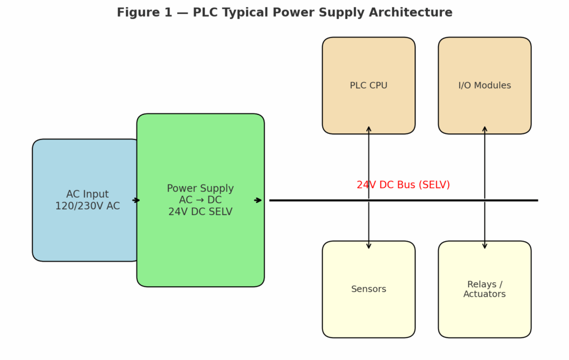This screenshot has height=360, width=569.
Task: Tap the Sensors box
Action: tap(368, 311)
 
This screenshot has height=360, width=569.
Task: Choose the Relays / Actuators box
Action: tap(485, 314)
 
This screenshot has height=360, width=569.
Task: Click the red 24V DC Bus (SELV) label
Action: tap(403, 185)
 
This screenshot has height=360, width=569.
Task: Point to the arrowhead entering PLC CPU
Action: tap(368, 129)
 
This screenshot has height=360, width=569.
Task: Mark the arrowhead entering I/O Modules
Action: tap(485, 129)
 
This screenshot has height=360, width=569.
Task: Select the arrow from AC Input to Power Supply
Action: tap(136, 200)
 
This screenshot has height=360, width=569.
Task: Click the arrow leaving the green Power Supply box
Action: tap(258, 200)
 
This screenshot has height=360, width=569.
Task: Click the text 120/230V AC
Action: tap(87, 206)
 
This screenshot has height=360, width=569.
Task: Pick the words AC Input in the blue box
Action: tap(87, 194)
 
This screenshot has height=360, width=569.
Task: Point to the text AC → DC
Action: tap(200, 200)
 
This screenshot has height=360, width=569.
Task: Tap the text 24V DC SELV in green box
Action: tap(200, 212)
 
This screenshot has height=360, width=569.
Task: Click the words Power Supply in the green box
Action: tap(200, 188)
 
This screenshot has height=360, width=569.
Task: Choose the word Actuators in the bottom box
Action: tap(485, 294)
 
